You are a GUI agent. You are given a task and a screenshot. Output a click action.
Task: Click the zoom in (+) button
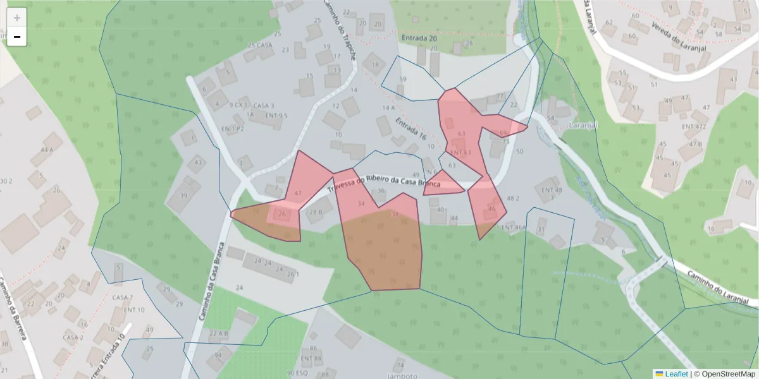click(x=16, y=18)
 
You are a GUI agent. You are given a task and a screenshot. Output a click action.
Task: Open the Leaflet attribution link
click(x=671, y=374)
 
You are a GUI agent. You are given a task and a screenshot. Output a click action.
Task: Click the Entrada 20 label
click(x=419, y=39)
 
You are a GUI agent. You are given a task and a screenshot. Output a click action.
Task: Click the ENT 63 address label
click(x=461, y=153)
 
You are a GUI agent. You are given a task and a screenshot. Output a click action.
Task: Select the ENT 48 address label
click(x=548, y=190)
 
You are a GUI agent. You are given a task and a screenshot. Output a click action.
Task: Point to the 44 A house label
click(x=47, y=150)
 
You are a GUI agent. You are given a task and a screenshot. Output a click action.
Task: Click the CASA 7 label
click(x=123, y=298)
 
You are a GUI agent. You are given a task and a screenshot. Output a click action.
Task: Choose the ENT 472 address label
click(x=694, y=126)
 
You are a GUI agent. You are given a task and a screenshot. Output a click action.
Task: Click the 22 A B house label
click(x=219, y=334)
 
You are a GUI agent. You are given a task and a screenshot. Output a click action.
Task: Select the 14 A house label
click(x=388, y=108)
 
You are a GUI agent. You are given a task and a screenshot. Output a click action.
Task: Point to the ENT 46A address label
click(x=514, y=227)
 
